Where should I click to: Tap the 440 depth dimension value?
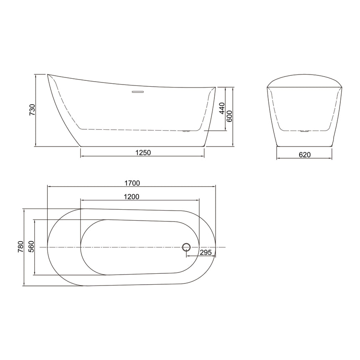(222, 109)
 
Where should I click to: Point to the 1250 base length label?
(143, 153)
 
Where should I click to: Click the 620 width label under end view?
(304, 155)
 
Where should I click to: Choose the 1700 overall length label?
(132, 183)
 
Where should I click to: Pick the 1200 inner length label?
(131, 196)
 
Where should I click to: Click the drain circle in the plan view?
(186, 247)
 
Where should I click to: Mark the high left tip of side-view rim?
(47, 75)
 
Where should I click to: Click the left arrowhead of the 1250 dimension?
(82, 156)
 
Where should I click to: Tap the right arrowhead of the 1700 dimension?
(216, 186)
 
